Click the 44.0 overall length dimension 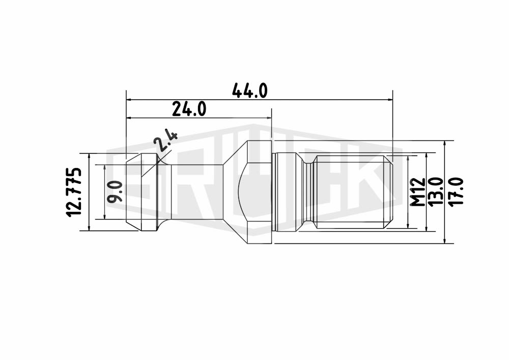pos(249,91)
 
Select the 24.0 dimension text pos(189,109)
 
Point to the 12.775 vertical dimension pos(73,192)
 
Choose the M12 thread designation pos(417,192)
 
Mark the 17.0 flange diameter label pos(457,192)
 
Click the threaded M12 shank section pos(354,192)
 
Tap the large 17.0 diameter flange pos(260,192)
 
